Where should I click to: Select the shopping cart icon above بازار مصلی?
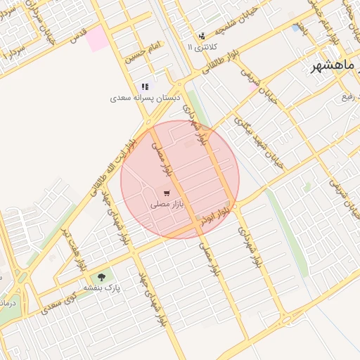[x=166, y=193]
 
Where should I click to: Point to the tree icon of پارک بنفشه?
[x=103, y=277]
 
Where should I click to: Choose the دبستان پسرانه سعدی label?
[x=146, y=99]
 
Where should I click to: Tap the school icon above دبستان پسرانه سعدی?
[x=146, y=86]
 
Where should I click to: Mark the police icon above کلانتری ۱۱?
[x=202, y=35]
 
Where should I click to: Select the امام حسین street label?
[x=139, y=54]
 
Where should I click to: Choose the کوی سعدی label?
[x=52, y=305]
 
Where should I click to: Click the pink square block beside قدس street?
[x=98, y=39]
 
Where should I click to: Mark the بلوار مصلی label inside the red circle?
[x=161, y=158]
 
